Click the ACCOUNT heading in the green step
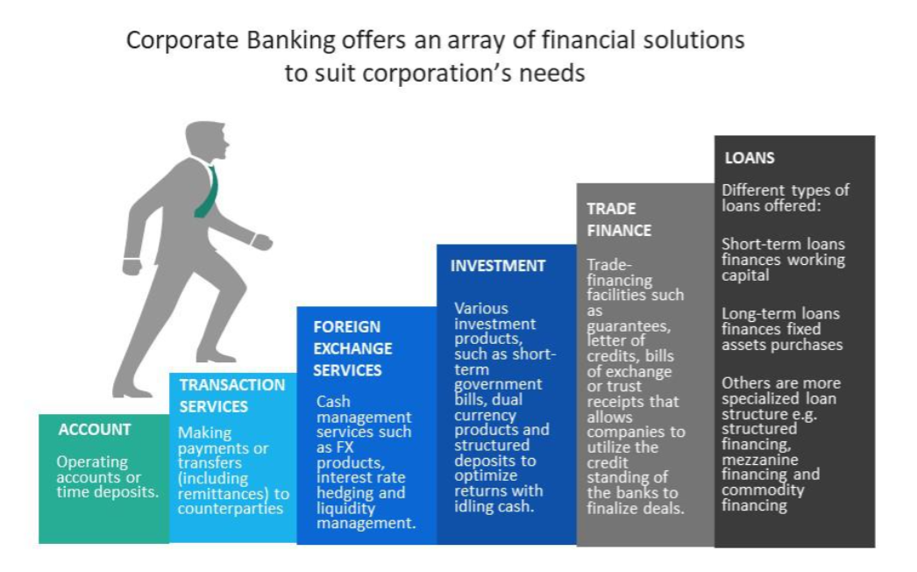pyautogui.click(x=95, y=429)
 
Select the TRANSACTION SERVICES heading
pyautogui.click(x=232, y=396)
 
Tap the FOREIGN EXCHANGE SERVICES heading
pyautogui.click(x=352, y=348)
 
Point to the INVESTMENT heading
pyautogui.click(x=498, y=266)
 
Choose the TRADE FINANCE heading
pyautogui.click(x=619, y=219)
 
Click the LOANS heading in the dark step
pyautogui.click(x=750, y=158)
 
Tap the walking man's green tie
pyautogui.click(x=208, y=192)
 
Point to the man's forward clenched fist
pyautogui.click(x=261, y=242)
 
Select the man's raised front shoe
pyautogui.click(x=217, y=355)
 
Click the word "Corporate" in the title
pyautogui.click(x=182, y=41)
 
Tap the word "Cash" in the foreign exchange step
pyautogui.click(x=333, y=402)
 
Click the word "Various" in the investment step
pyautogui.click(x=481, y=309)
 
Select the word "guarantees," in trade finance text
pyautogui.click(x=629, y=326)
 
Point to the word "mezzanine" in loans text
pyautogui.click(x=760, y=460)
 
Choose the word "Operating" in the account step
pyautogui.click(x=92, y=462)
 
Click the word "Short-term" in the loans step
pyautogui.click(x=757, y=244)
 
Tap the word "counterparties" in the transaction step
pyautogui.click(x=231, y=509)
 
